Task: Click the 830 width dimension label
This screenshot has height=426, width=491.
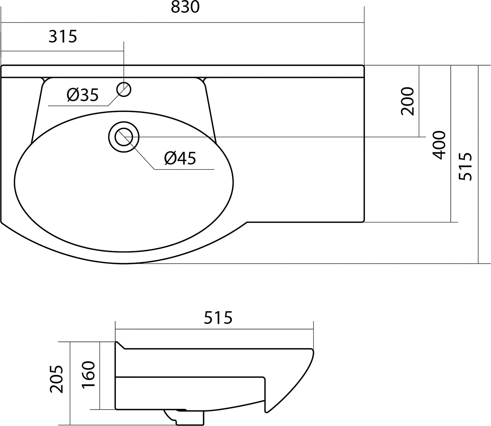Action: click(x=185, y=7)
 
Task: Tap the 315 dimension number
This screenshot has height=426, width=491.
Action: click(x=63, y=36)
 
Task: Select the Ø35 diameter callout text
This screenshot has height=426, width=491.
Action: click(x=82, y=95)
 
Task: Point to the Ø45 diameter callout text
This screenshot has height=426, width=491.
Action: click(x=180, y=158)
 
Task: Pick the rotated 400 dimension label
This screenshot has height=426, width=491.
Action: click(x=439, y=145)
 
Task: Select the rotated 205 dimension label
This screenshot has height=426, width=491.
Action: click(x=56, y=380)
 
